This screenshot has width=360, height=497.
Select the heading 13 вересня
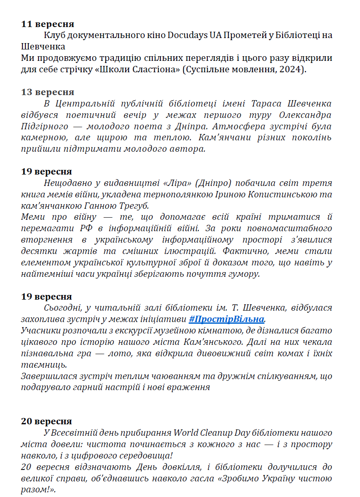tap(48, 92)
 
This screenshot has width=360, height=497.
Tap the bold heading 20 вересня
tap(47, 421)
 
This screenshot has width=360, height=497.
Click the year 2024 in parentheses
tap(291, 69)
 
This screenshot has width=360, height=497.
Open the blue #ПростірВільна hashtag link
tap(226, 319)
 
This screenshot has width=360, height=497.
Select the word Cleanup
tap(230, 433)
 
